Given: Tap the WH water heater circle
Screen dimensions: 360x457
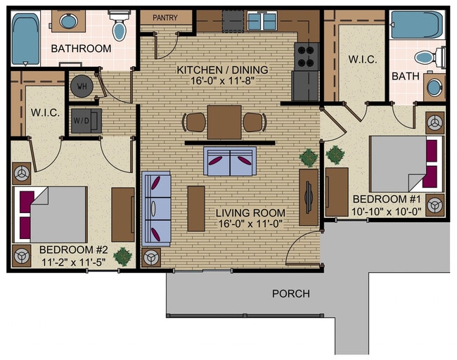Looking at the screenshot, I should (x=82, y=86).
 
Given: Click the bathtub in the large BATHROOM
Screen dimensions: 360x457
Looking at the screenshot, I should (x=26, y=39).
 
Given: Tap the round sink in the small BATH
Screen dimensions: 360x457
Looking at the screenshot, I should (x=435, y=88).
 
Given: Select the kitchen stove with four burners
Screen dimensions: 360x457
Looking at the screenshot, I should (x=307, y=55).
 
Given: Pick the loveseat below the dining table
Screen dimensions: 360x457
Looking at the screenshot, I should (x=229, y=162).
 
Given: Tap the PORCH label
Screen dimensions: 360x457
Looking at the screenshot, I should (x=290, y=293).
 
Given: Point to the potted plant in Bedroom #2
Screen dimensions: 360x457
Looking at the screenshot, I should (x=123, y=255).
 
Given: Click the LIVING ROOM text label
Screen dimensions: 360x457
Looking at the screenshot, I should (x=250, y=213).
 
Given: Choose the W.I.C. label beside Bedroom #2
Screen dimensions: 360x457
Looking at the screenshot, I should (x=45, y=112).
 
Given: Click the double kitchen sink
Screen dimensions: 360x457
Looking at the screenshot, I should (x=262, y=22).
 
